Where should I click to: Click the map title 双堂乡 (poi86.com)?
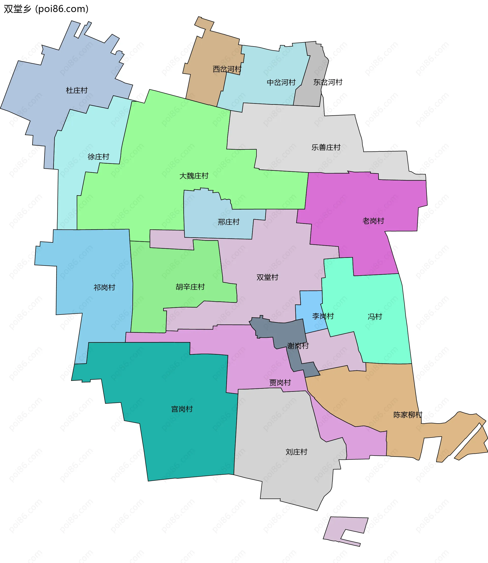click(x=46, y=9)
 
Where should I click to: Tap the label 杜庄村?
click(x=77, y=90)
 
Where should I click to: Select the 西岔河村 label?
click(x=227, y=69)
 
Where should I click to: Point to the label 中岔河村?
click(x=281, y=83)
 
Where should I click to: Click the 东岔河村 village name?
click(x=328, y=82)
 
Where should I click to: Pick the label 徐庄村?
click(x=98, y=157)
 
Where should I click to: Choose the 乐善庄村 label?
click(x=326, y=148)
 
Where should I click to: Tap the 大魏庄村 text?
click(x=194, y=176)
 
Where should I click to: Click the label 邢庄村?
click(x=228, y=222)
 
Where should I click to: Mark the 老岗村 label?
click(x=373, y=221)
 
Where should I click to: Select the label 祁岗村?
click(x=104, y=288)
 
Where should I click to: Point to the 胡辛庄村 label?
click(x=190, y=287)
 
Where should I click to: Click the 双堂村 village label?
click(x=267, y=277)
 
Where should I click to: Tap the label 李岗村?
click(x=323, y=316)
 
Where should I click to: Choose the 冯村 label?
click(x=375, y=317)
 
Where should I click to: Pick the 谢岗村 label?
click(x=298, y=346)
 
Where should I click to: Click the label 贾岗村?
click(x=280, y=383)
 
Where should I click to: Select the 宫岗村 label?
click(x=182, y=409)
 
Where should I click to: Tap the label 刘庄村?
click(x=296, y=452)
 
